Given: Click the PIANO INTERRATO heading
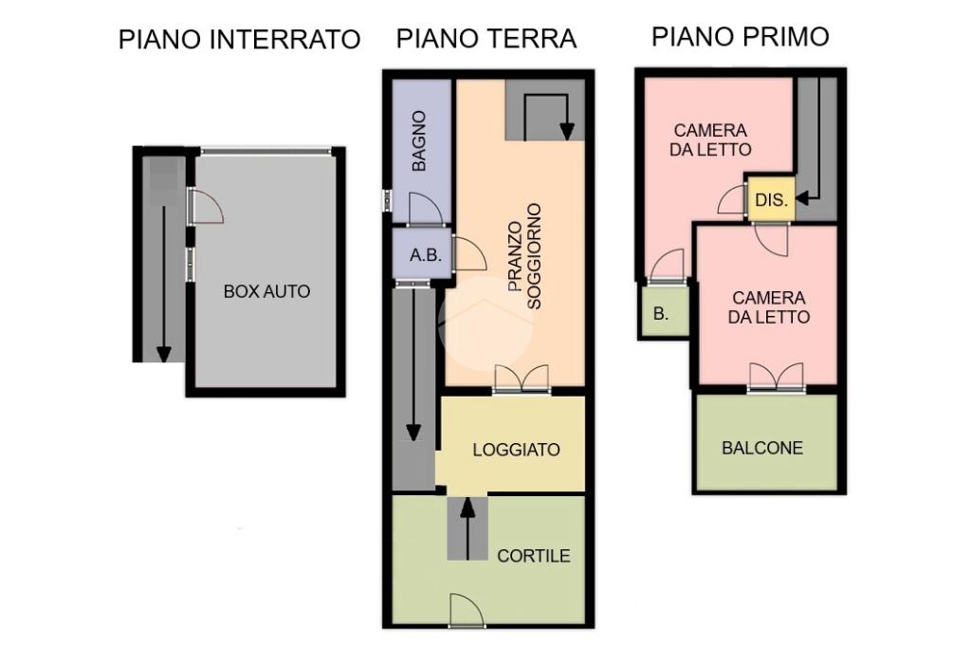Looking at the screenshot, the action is [239, 40].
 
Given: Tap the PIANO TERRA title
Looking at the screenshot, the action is [486, 39].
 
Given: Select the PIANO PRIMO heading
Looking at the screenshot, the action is [740, 37].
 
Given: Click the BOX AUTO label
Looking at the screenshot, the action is [266, 291].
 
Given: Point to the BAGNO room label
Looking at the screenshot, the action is [419, 140].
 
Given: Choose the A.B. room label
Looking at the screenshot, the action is [426, 254].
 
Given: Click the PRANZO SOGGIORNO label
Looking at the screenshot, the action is [524, 256].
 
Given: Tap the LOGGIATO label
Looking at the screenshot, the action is [516, 450].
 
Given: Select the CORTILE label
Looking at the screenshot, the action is [533, 555].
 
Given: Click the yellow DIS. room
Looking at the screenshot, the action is [771, 199].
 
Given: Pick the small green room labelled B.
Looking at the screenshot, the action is [664, 312].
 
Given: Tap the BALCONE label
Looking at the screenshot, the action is [762, 448].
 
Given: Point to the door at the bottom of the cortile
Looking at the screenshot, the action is [467, 610].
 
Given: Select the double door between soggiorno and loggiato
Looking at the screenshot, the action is [522, 379].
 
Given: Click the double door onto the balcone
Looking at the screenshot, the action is [777, 377].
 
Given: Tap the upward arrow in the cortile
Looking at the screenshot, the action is [467, 529].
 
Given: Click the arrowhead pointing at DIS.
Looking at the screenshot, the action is [802, 199].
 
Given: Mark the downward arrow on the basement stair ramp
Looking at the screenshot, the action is [163, 285].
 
